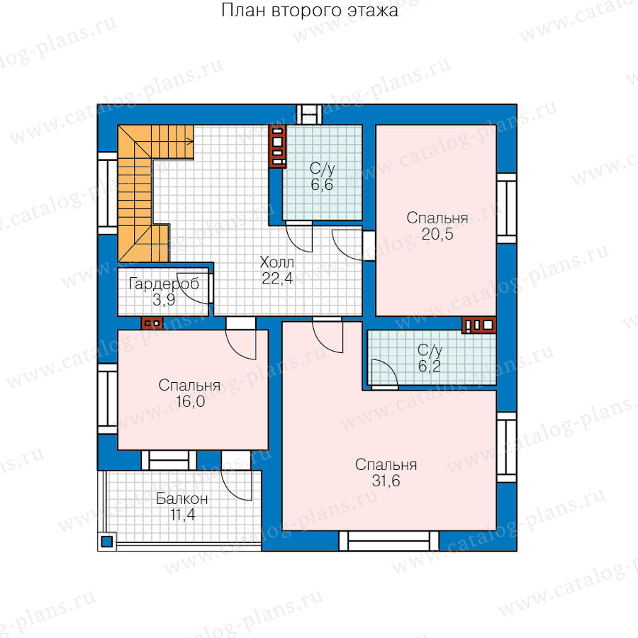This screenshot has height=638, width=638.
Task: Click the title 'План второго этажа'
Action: click(x=310, y=11)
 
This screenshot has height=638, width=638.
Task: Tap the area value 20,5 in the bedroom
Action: click(x=437, y=235)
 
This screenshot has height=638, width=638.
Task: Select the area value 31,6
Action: click(x=386, y=481)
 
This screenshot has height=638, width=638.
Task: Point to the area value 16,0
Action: click(x=190, y=402)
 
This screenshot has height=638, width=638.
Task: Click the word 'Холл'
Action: click(x=276, y=262)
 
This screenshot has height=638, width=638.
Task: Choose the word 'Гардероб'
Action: click(x=164, y=284)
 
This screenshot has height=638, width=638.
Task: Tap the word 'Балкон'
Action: click(x=182, y=498)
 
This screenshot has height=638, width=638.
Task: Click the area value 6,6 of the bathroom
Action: click(x=322, y=185)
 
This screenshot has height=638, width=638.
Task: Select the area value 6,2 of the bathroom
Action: click(x=430, y=366)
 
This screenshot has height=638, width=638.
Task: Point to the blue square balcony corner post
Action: click(x=106, y=542)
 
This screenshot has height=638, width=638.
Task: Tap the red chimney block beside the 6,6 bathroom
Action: click(x=277, y=147)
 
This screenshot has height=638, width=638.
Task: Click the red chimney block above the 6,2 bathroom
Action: click(x=479, y=325)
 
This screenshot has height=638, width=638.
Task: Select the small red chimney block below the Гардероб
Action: click(x=152, y=323)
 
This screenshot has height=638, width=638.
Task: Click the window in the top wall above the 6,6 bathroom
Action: click(x=309, y=114)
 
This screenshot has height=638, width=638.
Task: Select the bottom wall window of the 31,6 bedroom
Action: click(x=389, y=541)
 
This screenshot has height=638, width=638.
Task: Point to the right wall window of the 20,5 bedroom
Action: click(x=507, y=208)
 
